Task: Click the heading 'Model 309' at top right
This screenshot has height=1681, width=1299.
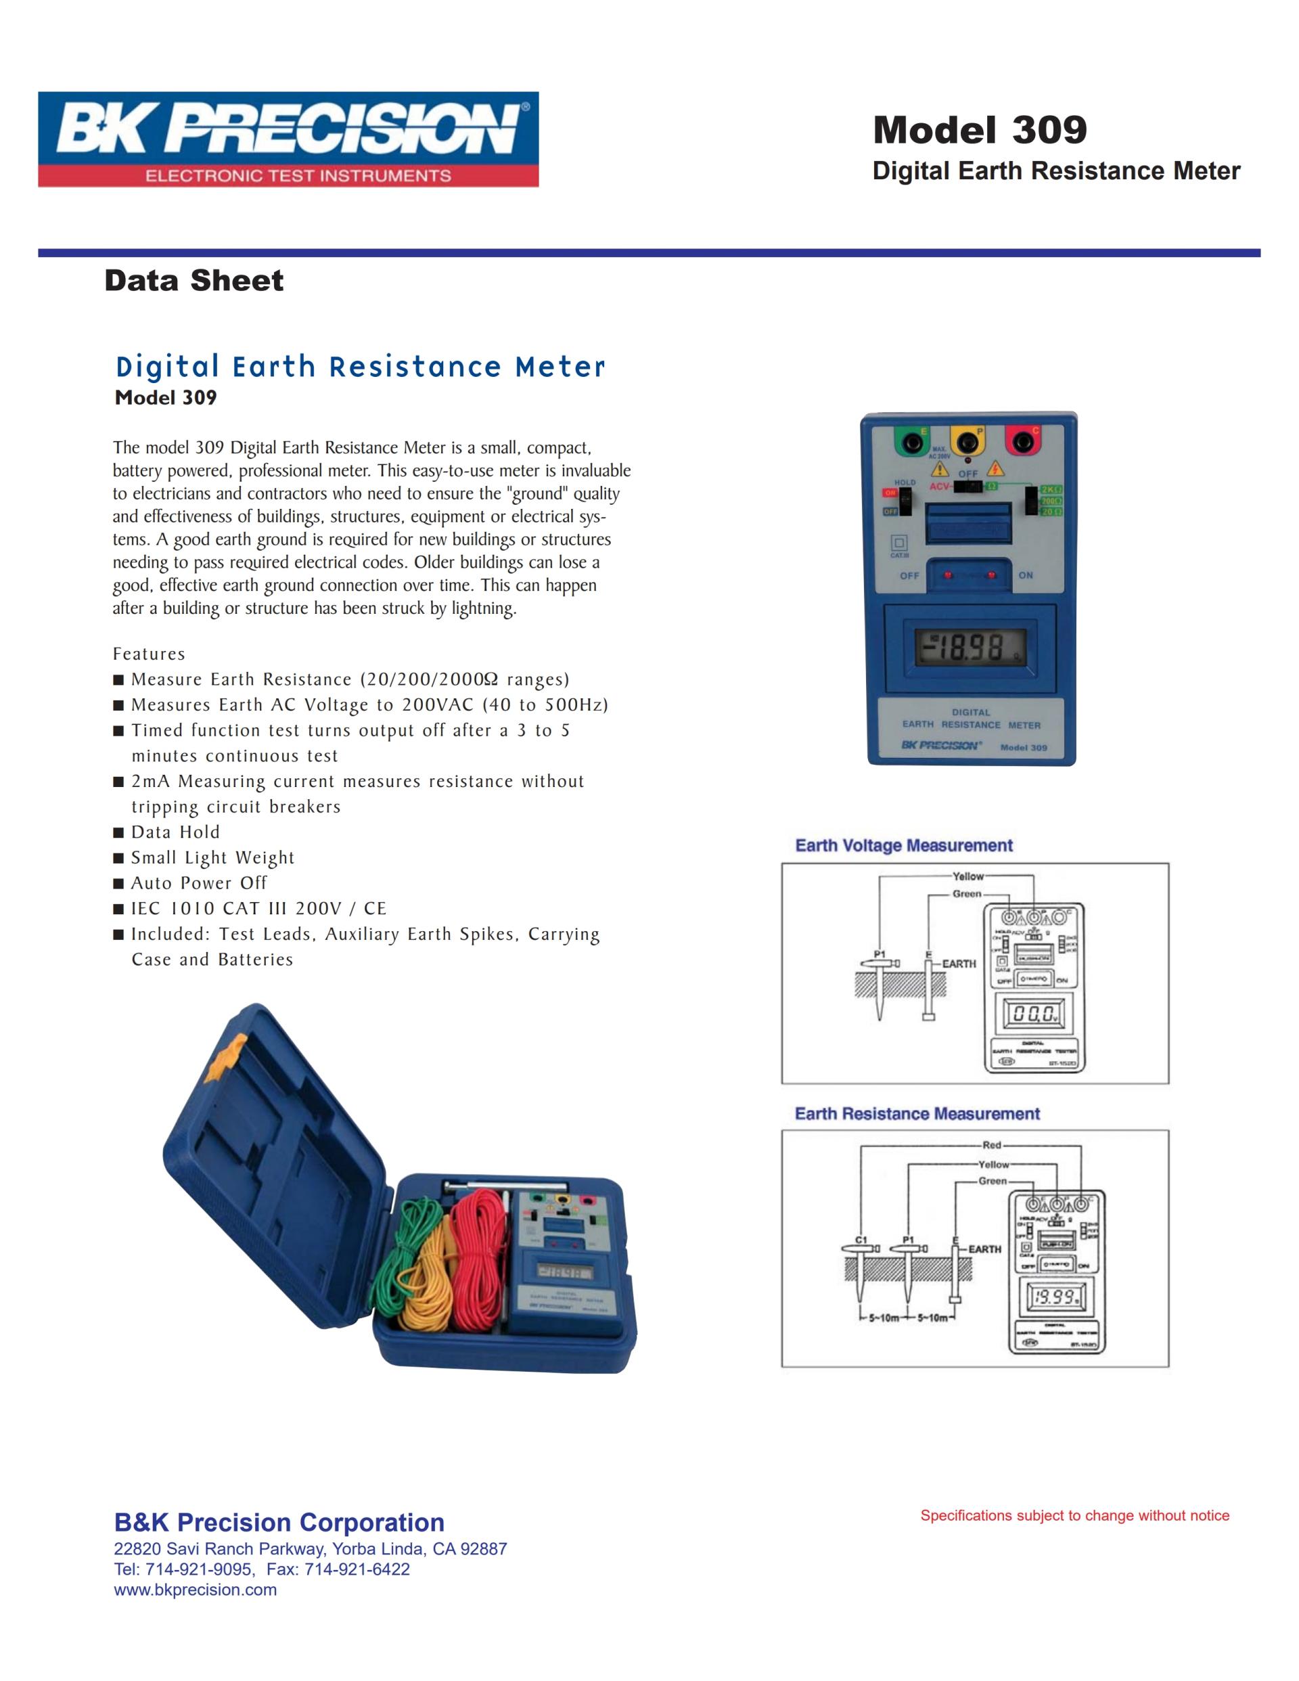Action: (x=979, y=129)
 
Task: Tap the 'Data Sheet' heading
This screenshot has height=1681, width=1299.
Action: (x=194, y=280)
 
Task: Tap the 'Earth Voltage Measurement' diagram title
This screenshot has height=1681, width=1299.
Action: (x=903, y=845)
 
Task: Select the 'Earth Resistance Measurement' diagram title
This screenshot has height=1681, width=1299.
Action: (x=917, y=1114)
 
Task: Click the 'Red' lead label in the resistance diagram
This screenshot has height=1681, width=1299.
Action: (x=992, y=1145)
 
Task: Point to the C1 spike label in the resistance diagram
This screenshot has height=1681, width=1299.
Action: (x=861, y=1240)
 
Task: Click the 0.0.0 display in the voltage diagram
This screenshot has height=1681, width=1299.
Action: (x=1032, y=1014)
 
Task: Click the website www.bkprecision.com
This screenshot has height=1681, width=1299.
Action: (x=196, y=1590)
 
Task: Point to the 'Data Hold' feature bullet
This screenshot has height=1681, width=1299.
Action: (x=175, y=832)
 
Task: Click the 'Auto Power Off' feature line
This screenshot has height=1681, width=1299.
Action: (x=198, y=883)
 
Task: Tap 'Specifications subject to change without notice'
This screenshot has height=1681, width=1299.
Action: (x=1074, y=1515)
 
